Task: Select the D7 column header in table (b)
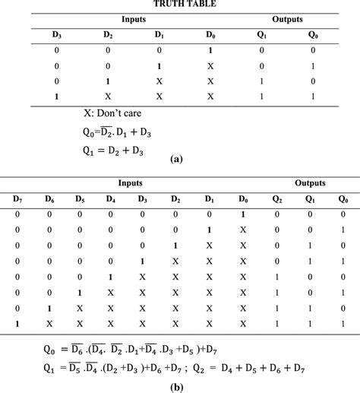(x=17, y=199)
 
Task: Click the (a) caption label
(x=176, y=161)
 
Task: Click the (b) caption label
(x=180, y=385)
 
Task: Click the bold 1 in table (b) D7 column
(x=17, y=324)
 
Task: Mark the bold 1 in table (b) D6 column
(x=49, y=308)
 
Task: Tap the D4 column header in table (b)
(x=112, y=199)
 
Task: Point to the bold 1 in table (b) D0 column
(x=244, y=214)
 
